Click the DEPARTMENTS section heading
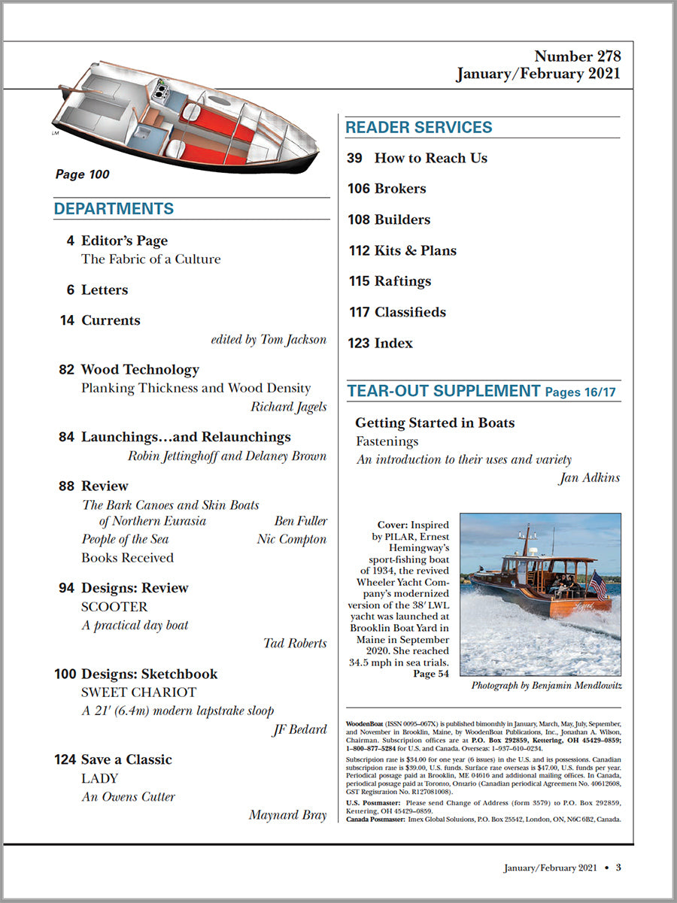[114, 209]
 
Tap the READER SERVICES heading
[419, 128]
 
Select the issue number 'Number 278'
[577, 56]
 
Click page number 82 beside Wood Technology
[66, 369]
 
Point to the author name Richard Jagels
[289, 407]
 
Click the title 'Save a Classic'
[126, 759]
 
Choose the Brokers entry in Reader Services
[400, 189]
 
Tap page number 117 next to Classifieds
[359, 312]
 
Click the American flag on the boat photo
[600, 585]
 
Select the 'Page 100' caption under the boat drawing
[83, 174]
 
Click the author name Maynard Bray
[287, 815]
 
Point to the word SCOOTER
[114, 607]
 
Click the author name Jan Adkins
[589, 477]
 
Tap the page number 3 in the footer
[618, 868]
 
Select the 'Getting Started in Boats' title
[435, 423]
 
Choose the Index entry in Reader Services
[393, 343]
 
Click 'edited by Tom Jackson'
[269, 340]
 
